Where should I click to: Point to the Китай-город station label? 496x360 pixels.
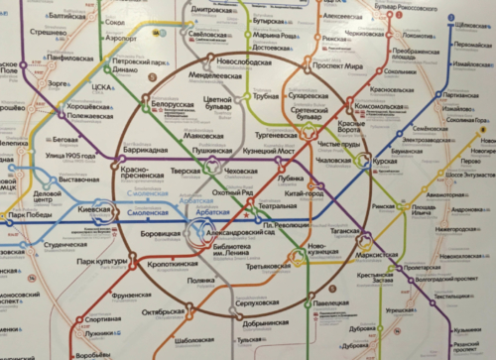pyautogui.click(x=303, y=193)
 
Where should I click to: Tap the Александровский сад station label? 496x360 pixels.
pyautogui.click(x=242, y=226)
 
